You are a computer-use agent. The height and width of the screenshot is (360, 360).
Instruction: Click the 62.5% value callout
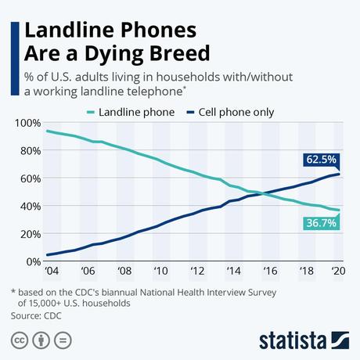(x=321, y=160)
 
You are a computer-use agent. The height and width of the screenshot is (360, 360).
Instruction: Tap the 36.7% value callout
(x=321, y=224)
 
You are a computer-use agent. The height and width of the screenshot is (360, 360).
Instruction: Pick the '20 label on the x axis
(x=337, y=272)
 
